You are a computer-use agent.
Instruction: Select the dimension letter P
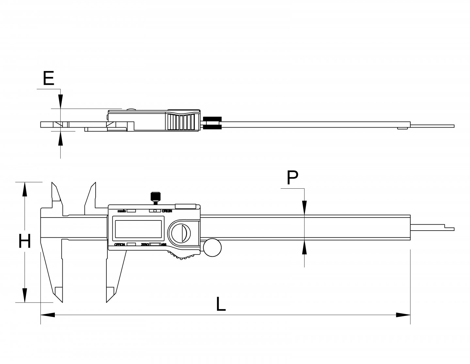click(292, 178)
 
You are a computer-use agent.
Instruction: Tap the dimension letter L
click(221, 304)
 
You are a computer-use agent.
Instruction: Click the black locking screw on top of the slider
click(155, 197)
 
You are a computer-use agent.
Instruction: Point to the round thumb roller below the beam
click(212, 249)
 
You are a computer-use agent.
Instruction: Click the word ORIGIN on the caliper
click(166, 211)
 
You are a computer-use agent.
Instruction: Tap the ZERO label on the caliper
click(145, 245)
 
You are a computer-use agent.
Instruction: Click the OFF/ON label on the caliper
click(119, 245)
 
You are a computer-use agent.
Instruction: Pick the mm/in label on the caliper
click(122, 212)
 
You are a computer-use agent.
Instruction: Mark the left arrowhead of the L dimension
click(48, 315)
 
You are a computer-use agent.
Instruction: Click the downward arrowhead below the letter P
click(304, 208)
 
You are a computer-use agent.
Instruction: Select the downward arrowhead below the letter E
click(60, 101)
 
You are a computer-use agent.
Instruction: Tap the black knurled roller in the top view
click(212, 123)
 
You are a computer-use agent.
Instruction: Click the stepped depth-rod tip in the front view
click(449, 228)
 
